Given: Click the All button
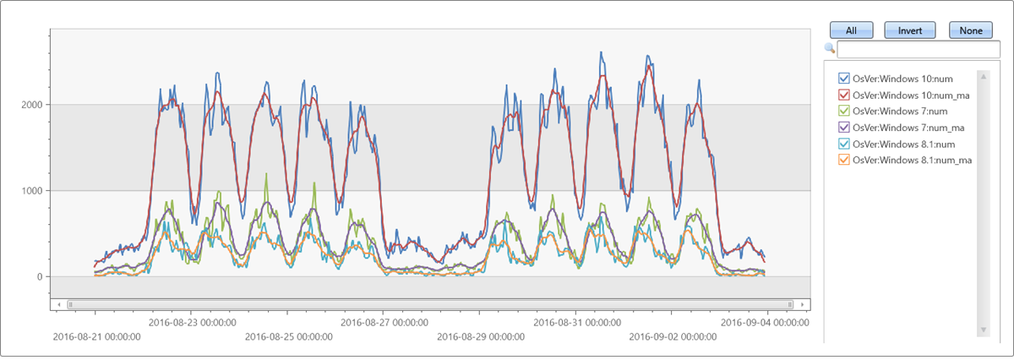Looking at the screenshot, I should click(x=851, y=30).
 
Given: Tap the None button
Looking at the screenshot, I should click(x=971, y=30).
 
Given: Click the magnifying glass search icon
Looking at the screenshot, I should click(x=830, y=48).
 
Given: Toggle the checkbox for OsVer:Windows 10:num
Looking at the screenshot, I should click(x=843, y=79).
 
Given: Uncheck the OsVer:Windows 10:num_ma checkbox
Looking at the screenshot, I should click(x=843, y=95).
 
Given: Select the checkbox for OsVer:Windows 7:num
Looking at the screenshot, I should click(x=843, y=112).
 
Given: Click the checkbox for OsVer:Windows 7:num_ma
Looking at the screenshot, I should click(x=843, y=128).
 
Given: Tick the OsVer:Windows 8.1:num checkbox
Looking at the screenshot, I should click(x=843, y=144).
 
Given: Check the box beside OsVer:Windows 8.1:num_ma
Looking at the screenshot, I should click(x=843, y=160).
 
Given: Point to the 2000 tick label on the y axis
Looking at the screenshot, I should click(x=33, y=105).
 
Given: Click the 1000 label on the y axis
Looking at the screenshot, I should click(x=33, y=191).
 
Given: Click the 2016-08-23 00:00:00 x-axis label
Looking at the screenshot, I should click(x=192, y=322).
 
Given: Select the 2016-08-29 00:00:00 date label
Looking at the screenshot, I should click(x=480, y=337).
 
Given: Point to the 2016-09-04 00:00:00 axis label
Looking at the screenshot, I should click(x=765, y=322).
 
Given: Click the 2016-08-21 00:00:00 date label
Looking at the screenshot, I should click(x=96, y=337).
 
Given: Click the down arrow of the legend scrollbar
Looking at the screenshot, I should click(x=983, y=330).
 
